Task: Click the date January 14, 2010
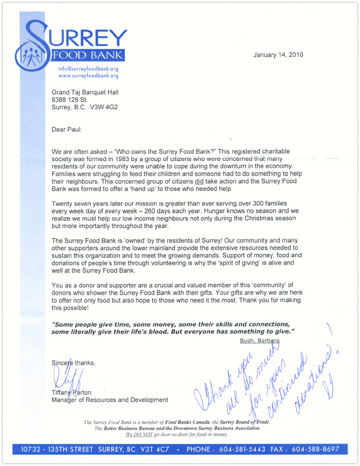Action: pos(278,55)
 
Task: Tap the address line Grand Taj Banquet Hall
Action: pos(85,92)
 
